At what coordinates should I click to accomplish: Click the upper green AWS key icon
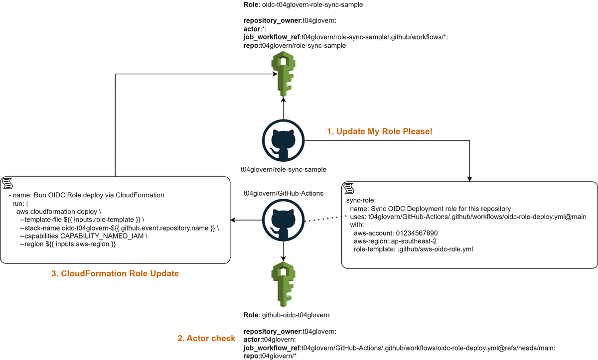[283, 75]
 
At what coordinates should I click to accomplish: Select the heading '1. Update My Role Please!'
[379, 131]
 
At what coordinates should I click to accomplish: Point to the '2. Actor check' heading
[206, 339]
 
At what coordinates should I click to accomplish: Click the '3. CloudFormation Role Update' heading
[115, 273]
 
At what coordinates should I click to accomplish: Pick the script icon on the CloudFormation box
[7, 183]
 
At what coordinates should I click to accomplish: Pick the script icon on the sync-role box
[348, 189]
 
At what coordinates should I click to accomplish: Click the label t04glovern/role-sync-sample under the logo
[283, 169]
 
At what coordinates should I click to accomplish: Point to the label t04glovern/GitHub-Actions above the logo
[283, 193]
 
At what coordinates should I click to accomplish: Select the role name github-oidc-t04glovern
[294, 315]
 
